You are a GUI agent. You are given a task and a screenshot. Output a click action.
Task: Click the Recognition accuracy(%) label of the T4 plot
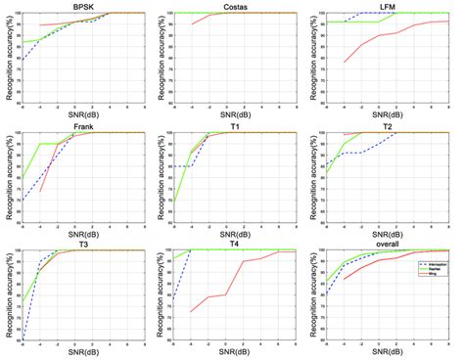click(162, 294)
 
